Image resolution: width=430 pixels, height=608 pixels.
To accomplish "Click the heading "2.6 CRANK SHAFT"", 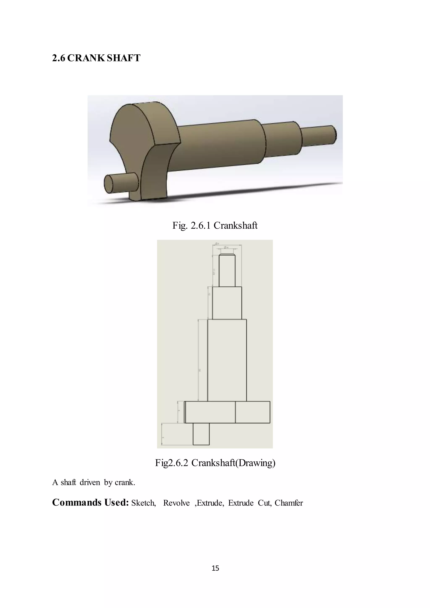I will (96, 58).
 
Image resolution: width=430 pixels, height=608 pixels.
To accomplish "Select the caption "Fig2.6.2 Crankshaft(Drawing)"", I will (215, 463).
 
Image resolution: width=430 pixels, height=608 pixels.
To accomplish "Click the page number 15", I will (215, 568).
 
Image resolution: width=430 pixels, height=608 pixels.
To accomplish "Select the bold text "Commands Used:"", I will (90, 502).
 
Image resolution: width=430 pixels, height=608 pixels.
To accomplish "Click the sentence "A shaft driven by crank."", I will (93, 482).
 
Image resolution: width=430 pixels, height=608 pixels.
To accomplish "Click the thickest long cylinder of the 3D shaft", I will (220, 146).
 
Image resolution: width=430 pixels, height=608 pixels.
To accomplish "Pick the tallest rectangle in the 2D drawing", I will (227, 360).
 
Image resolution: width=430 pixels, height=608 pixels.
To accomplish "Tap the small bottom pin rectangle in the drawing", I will (201, 434).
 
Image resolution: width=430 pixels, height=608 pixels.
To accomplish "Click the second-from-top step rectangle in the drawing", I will (227, 303).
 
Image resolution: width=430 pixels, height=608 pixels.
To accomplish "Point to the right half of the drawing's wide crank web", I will (253, 412).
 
